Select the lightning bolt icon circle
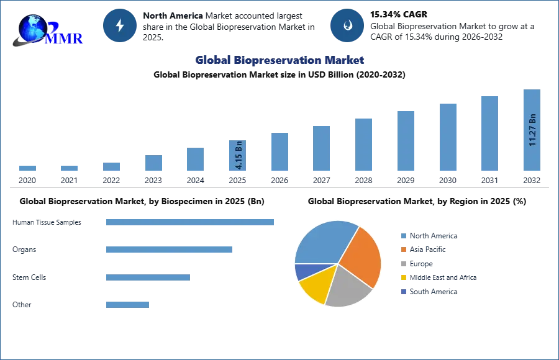pyautogui.click(x=120, y=25)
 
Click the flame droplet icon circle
pyautogui.click(x=347, y=25)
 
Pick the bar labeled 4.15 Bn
pyautogui.click(x=238, y=156)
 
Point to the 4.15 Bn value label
pyautogui.click(x=239, y=156)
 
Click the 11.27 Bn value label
pyautogui.click(x=532, y=130)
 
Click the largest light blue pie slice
pyautogui.click(x=323, y=242)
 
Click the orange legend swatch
pyautogui.click(x=402, y=250)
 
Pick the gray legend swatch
pyautogui.click(x=402, y=264)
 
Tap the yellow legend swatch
pyautogui.click(x=402, y=278)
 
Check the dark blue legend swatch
pyautogui.click(x=402, y=292)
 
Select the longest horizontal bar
pyautogui.click(x=191, y=223)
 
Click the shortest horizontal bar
pyautogui.click(x=127, y=304)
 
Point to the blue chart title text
pyautogui.click(x=280, y=60)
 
